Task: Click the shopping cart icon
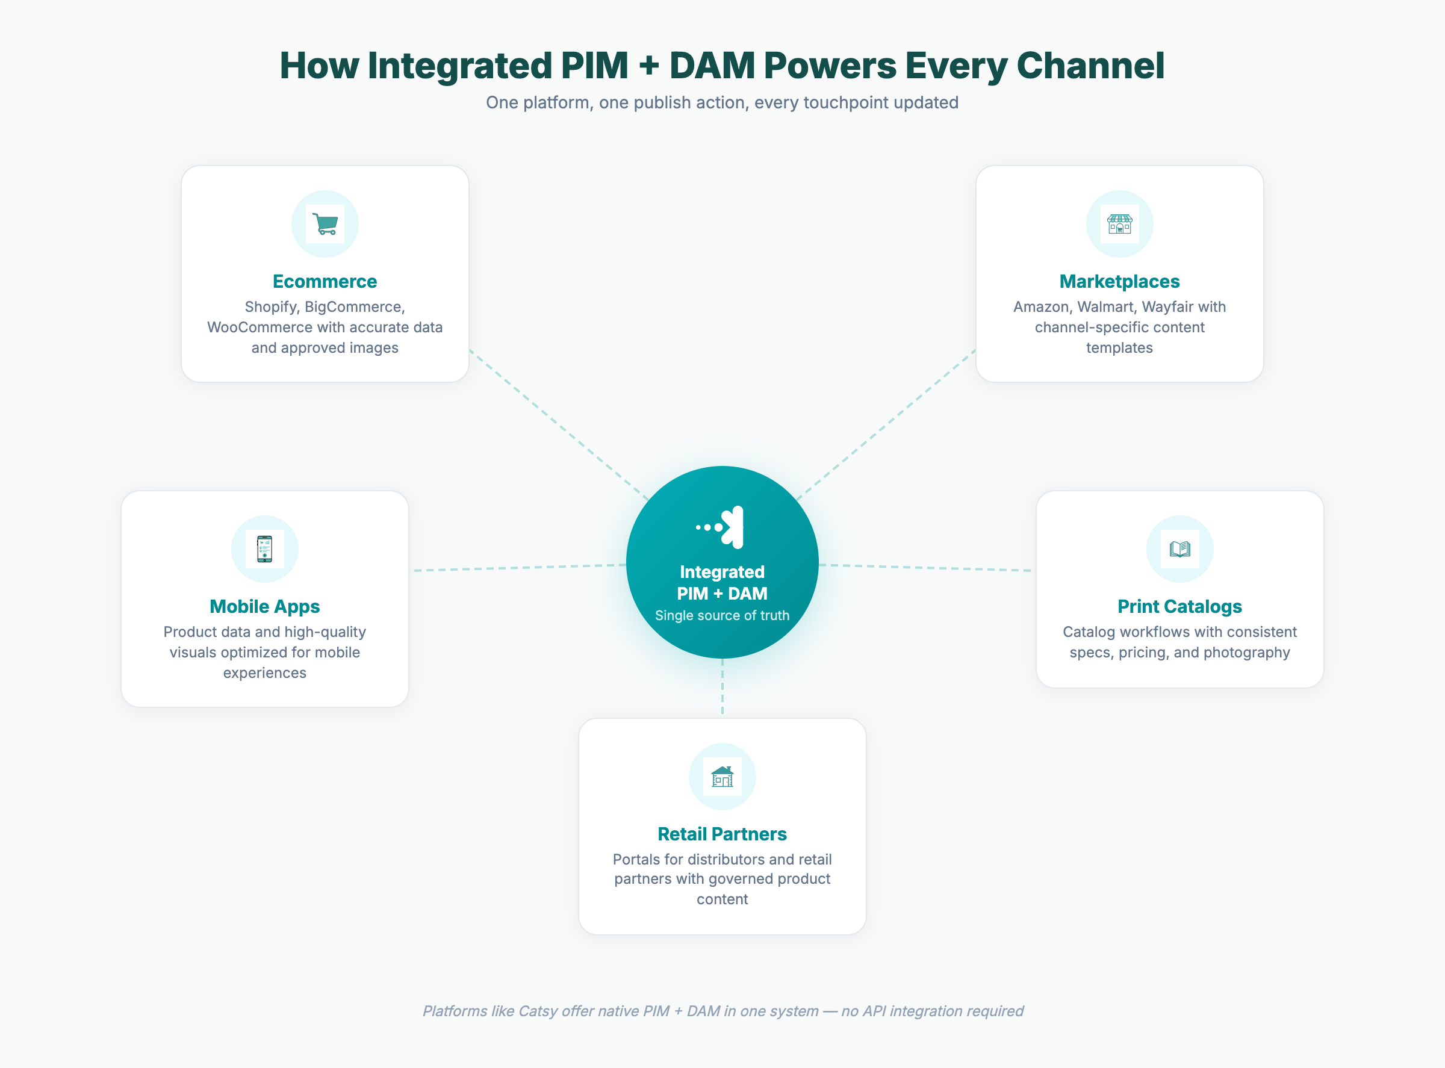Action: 325,224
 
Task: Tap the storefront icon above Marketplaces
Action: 1119,224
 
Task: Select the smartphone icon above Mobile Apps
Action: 264,549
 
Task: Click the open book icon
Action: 1179,549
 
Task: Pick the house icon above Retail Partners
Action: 722,776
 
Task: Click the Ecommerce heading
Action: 325,281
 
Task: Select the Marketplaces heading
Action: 1119,281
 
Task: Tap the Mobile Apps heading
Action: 264,606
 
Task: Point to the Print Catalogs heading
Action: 1179,606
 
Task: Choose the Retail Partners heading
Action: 722,834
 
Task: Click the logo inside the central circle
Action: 722,527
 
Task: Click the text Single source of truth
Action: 722,615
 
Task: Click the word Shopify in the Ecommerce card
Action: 271,307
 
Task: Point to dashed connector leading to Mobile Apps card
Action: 517,568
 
